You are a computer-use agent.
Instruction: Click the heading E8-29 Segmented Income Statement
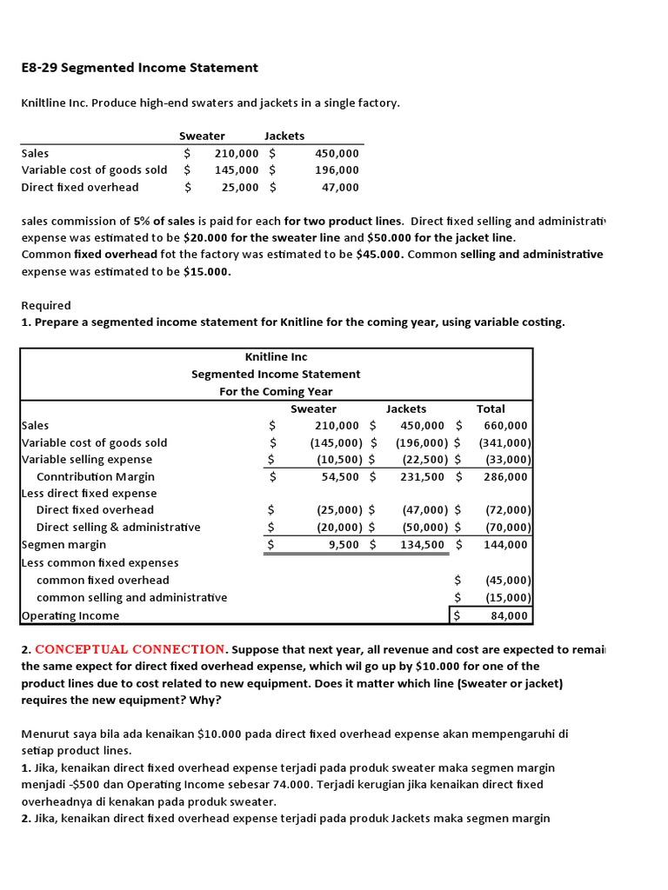pos(139,68)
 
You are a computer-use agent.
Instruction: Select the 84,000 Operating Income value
pos(507,615)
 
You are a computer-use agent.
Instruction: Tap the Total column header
pos(491,408)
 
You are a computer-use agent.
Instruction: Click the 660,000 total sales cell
pos(505,426)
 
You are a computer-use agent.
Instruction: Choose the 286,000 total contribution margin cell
pos(505,476)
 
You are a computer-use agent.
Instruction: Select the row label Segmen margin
pos(63,545)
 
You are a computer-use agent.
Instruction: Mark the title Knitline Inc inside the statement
pos(276,357)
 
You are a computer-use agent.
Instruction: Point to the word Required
pos(46,306)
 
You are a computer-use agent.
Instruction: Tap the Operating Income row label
pos(70,615)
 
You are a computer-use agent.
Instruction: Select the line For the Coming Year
pos(276,391)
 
